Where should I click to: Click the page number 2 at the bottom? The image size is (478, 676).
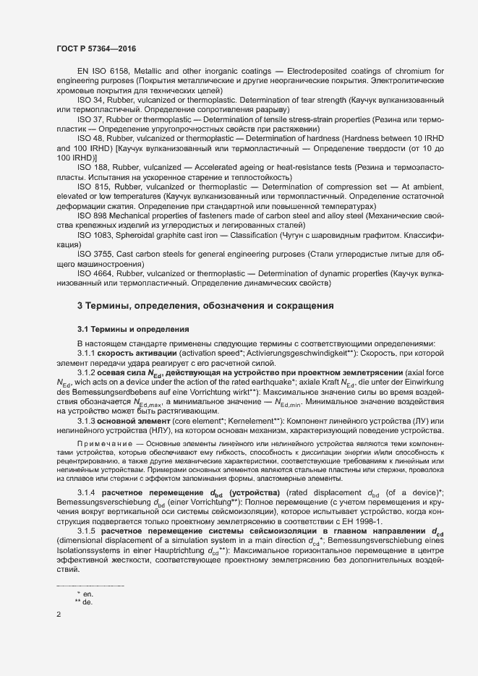coord(59,615)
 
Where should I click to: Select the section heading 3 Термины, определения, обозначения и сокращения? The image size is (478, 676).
coord(205,307)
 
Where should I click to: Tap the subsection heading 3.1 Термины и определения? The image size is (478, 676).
coord(133,329)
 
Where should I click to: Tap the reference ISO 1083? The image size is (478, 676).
coord(95,236)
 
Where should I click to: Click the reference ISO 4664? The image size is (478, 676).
coord(95,275)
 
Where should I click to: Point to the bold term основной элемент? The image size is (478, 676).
coord(134,422)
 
